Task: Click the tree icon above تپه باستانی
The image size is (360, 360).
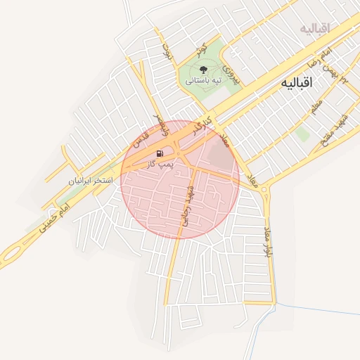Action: coord(203,70)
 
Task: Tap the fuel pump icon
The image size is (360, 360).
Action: coord(161,153)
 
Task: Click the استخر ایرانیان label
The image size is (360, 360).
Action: coord(91,181)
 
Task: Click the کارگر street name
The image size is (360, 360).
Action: coord(203,124)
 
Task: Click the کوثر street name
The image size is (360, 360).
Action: coord(201,49)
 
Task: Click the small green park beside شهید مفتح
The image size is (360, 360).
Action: coord(302,134)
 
